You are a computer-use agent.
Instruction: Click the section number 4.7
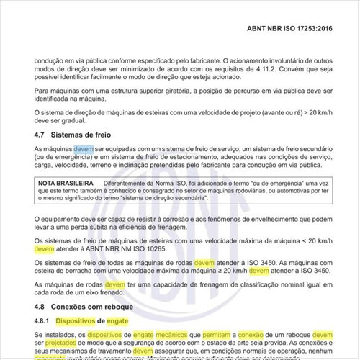[40, 135]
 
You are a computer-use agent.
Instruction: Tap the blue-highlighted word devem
[84, 148]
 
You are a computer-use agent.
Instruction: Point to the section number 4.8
[40, 305]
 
